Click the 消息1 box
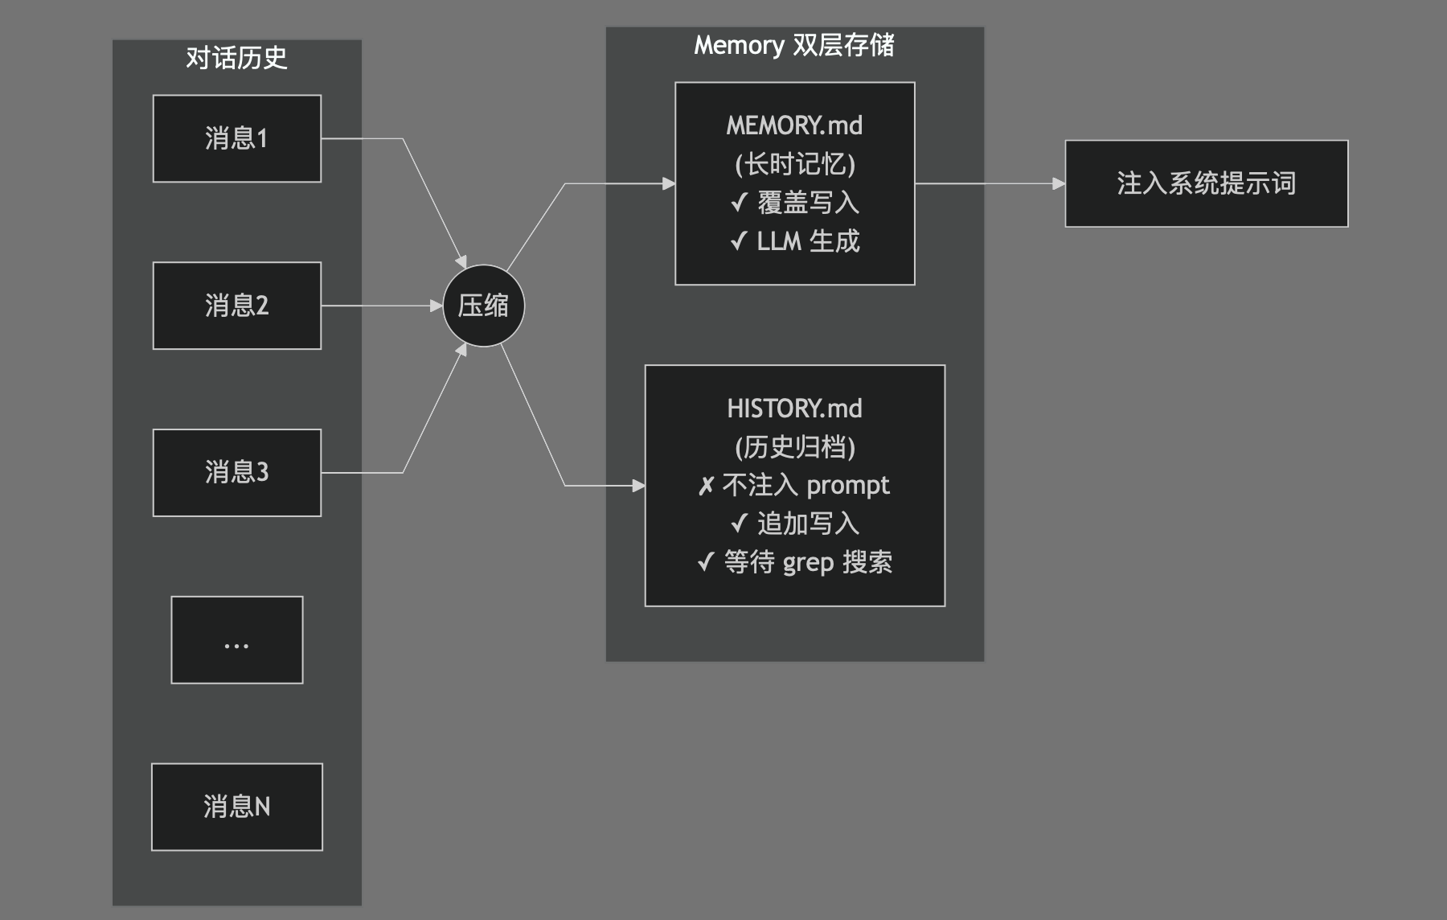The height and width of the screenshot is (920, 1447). pyautogui.click(x=237, y=138)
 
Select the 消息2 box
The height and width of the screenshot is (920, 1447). pyautogui.click(x=237, y=306)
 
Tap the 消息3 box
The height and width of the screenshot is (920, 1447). pyautogui.click(x=237, y=472)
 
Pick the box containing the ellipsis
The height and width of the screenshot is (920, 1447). pyautogui.click(x=237, y=640)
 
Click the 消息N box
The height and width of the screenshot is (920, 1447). pyautogui.click(x=237, y=807)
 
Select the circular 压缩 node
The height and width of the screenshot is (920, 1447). pyautogui.click(x=483, y=306)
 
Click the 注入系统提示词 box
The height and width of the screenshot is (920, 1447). pyautogui.click(x=1206, y=183)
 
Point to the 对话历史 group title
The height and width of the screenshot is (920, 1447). pyautogui.click(x=236, y=58)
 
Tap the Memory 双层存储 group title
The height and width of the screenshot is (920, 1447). pyautogui.click(x=794, y=45)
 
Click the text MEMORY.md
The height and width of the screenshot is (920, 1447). pyautogui.click(x=794, y=125)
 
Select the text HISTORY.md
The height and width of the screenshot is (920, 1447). pyautogui.click(x=794, y=409)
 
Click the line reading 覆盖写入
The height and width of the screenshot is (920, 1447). pyautogui.click(x=808, y=203)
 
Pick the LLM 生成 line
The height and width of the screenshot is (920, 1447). pyautogui.click(x=808, y=241)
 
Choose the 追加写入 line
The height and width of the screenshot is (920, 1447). pyautogui.click(x=808, y=524)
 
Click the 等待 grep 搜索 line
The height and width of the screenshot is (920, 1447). pyautogui.click(x=808, y=563)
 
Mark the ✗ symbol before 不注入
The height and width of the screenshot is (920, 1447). pyautogui.click(x=706, y=487)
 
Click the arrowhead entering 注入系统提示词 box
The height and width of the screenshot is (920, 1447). pyautogui.click(x=1059, y=183)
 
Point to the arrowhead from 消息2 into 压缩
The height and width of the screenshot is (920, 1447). pyautogui.click(x=437, y=306)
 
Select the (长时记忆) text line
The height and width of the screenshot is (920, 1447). pyautogui.click(x=794, y=164)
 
